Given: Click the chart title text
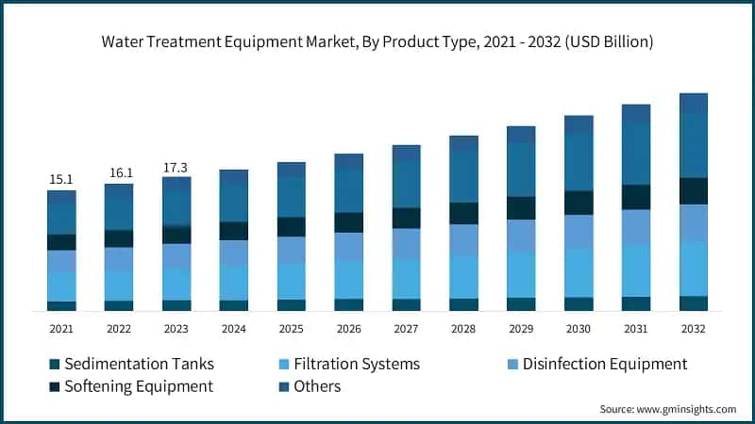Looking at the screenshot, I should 377,42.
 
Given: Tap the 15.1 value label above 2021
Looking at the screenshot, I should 61,179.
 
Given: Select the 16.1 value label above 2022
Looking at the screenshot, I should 119,172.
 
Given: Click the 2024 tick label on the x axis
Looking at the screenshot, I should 234,329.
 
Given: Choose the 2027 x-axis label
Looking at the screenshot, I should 407,329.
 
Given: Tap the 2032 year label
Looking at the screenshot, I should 694,329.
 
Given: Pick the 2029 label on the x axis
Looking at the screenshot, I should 521,329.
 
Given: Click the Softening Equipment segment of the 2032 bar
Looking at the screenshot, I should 694,191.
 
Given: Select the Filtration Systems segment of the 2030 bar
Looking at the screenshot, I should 579,273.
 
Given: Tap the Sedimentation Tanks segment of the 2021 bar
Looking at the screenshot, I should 61,305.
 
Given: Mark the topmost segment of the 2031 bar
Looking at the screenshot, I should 636,112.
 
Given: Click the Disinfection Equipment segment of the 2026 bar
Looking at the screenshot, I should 349,247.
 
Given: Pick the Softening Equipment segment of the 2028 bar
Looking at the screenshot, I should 463,213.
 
